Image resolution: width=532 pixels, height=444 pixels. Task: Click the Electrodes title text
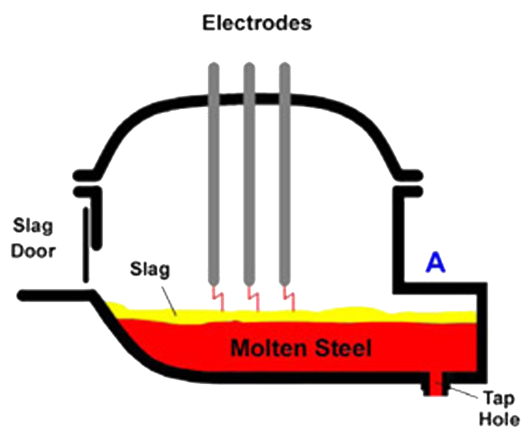(x=256, y=24)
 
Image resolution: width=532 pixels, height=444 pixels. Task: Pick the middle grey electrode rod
(x=250, y=173)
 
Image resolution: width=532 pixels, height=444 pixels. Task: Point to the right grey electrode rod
(x=285, y=173)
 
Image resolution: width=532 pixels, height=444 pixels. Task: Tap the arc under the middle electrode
(x=253, y=298)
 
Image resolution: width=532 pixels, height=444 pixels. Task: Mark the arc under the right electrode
(x=289, y=298)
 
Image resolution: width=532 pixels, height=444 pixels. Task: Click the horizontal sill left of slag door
(x=53, y=294)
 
